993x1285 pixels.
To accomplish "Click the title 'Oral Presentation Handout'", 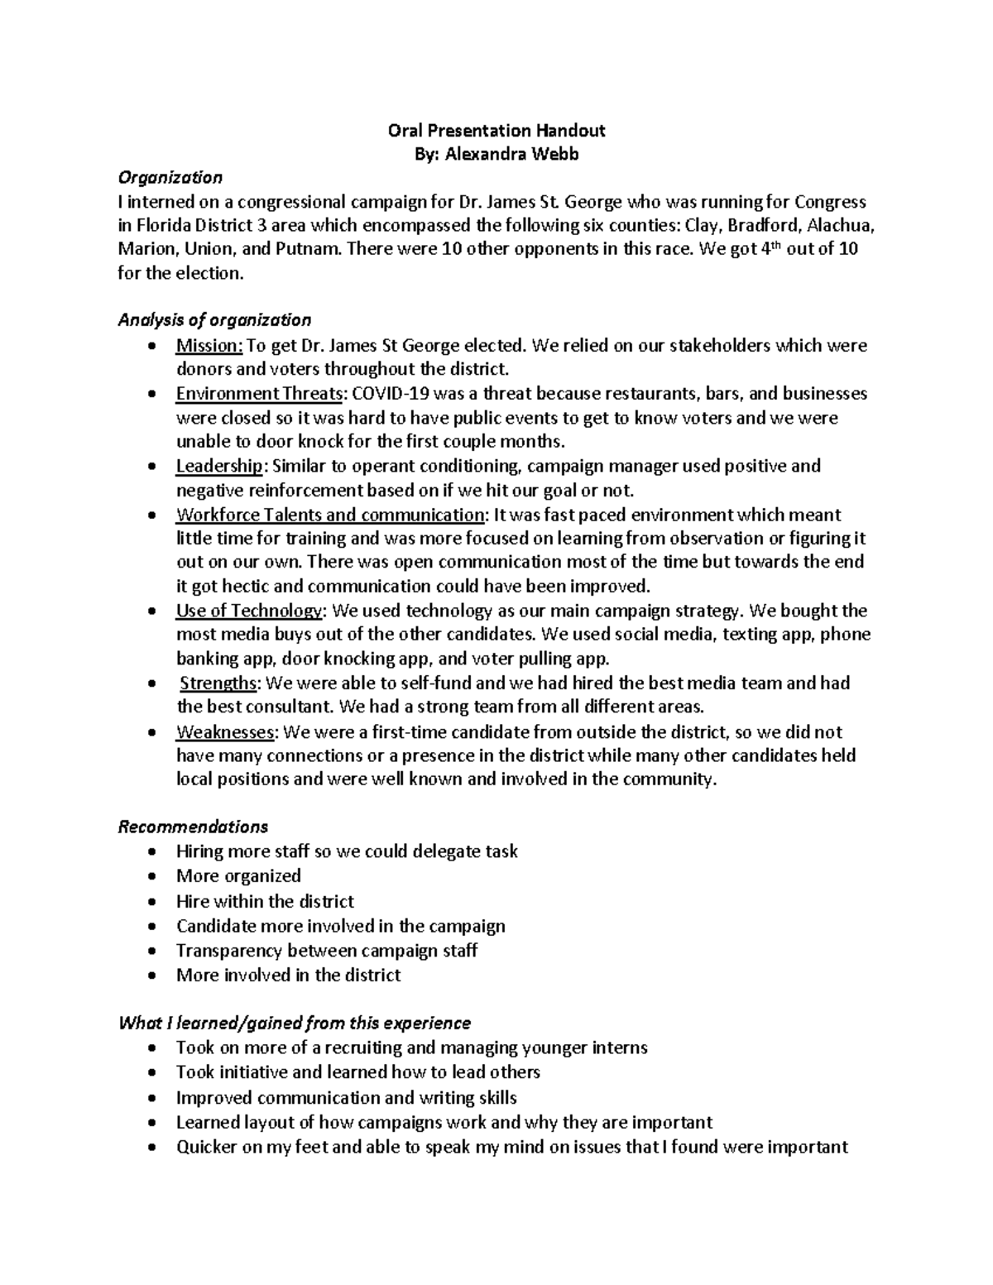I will tap(496, 130).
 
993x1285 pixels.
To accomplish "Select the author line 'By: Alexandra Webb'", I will tap(496, 154).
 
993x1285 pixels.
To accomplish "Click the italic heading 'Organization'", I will tap(170, 177).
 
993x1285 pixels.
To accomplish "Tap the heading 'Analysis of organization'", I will tap(214, 320).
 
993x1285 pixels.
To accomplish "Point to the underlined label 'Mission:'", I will tap(209, 345).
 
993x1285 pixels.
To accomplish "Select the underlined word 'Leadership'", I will tap(218, 466).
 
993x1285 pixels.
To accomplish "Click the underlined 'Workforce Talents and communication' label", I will tap(330, 515).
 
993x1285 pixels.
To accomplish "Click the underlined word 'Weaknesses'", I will tap(225, 731).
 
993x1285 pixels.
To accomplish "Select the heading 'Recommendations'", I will tap(193, 827).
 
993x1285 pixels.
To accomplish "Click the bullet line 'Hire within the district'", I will tap(265, 901).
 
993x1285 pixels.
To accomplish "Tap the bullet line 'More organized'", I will tap(238, 875).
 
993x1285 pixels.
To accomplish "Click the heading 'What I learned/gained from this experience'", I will tap(295, 1024).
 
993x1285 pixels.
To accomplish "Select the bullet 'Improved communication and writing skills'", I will tap(346, 1098).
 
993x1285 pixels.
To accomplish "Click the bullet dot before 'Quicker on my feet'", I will tap(150, 1148).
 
